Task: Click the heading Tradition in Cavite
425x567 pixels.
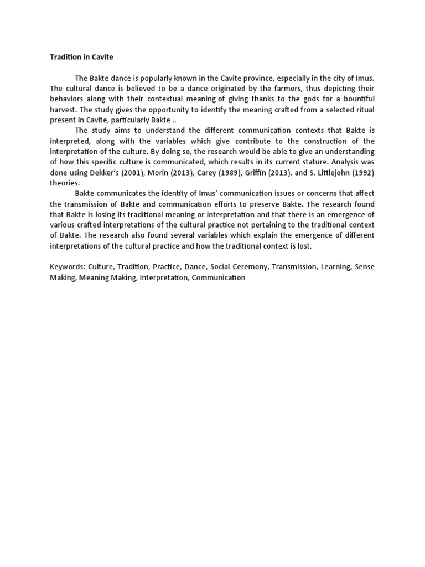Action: point(81,56)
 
